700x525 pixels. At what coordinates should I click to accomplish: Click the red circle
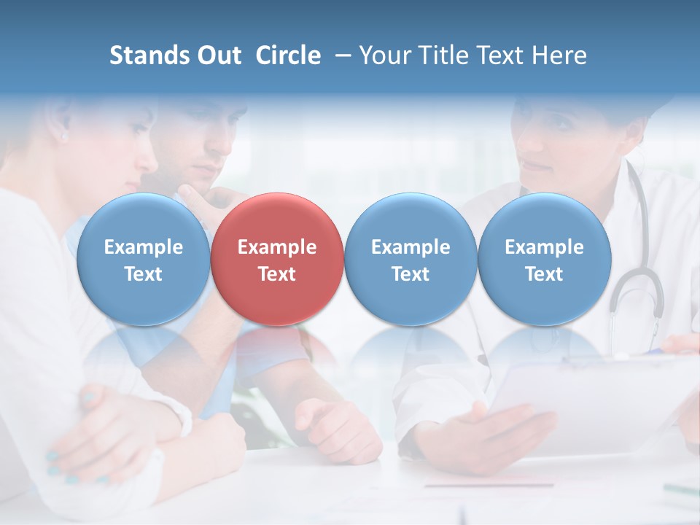[x=277, y=259]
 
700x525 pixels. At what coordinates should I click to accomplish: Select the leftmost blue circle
[x=144, y=259]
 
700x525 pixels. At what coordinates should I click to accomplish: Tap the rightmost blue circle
[x=544, y=259]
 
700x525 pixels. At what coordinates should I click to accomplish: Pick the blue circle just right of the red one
[x=411, y=259]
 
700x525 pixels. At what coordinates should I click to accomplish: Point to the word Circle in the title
[x=288, y=55]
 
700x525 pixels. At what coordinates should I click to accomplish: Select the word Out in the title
[x=219, y=55]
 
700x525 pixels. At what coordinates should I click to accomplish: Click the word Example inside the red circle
[x=277, y=247]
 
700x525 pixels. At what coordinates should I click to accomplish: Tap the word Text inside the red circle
[x=277, y=274]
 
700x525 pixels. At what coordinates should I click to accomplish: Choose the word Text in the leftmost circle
[x=144, y=274]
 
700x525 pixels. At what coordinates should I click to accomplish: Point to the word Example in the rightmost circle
[x=544, y=247]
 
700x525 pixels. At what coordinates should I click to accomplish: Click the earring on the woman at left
[x=63, y=136]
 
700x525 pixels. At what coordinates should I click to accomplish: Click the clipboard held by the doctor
[x=598, y=394]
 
